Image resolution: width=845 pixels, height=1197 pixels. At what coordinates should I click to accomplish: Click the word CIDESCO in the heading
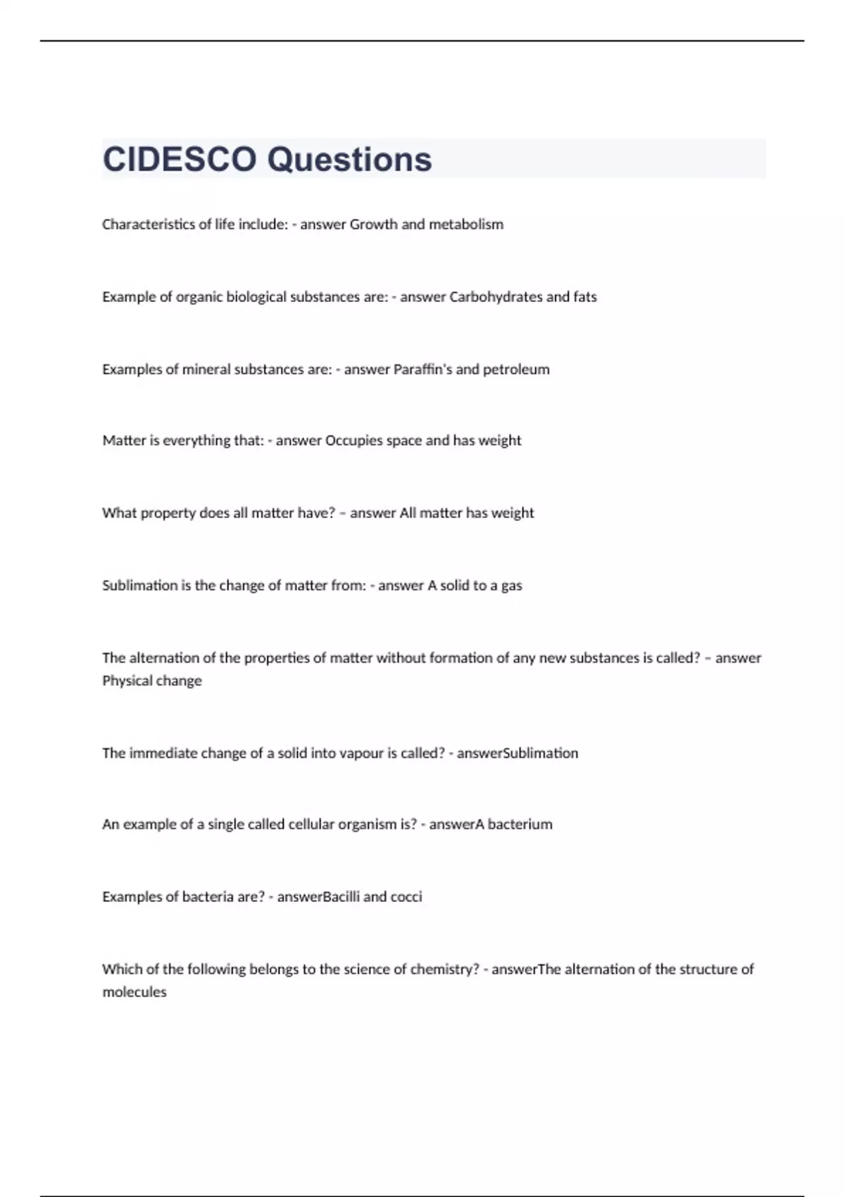(180, 159)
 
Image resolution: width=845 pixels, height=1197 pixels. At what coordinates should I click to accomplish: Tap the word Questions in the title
(349, 159)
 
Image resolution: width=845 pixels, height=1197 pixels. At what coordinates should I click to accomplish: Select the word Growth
(373, 225)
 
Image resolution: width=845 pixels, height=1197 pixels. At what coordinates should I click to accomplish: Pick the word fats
(584, 297)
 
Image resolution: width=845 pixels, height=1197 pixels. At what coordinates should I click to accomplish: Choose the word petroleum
(515, 370)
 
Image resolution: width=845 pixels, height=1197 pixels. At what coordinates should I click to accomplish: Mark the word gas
(511, 586)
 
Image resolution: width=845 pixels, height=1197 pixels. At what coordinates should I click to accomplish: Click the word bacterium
(520, 825)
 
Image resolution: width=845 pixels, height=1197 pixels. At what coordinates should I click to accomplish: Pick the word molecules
(134, 992)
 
